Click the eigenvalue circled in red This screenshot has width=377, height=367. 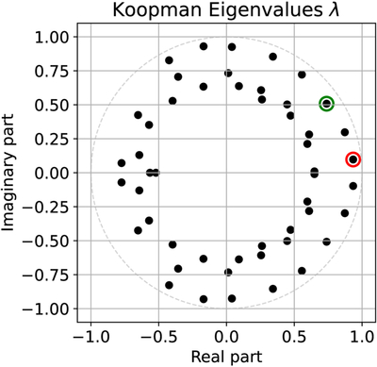pos(353,159)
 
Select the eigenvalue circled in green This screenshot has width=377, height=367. pos(327,104)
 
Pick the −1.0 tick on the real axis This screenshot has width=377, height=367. pos(90,338)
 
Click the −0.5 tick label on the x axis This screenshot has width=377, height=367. pos(158,338)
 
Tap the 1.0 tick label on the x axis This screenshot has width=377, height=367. pos(362,338)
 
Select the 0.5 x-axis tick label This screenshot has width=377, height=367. pos(294,338)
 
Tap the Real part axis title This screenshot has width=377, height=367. pos(226,357)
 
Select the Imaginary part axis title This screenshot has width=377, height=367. pos(8,173)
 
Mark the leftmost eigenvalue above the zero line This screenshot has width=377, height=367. pos(122,163)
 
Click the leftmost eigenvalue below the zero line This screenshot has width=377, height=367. pos(122,182)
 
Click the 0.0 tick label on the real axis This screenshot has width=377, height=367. pos(226,338)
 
